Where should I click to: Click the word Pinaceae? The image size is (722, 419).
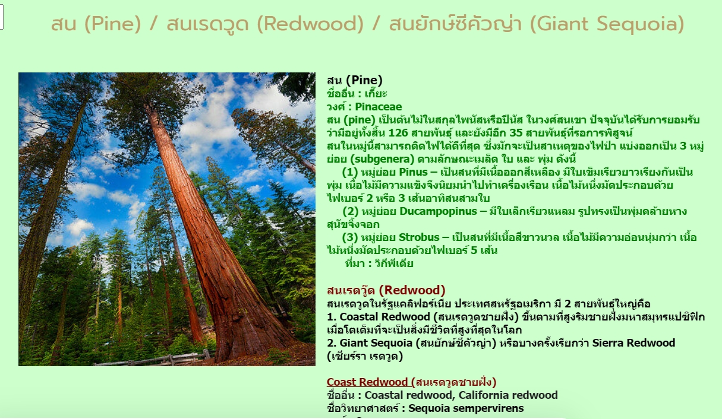tap(379, 107)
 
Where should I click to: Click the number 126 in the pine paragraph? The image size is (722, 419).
tap(398, 133)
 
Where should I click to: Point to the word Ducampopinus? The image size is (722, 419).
tap(438, 211)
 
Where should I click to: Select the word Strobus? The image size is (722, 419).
tap(419, 237)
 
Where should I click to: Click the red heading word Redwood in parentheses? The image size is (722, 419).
tap(412, 290)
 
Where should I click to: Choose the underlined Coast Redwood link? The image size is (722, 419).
tap(367, 382)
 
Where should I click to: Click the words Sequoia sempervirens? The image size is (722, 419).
tap(466, 408)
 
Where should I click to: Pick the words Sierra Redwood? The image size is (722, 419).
tap(633, 343)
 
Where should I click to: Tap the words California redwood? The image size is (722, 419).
tap(508, 395)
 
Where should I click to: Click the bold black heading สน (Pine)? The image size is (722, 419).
tap(355, 81)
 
